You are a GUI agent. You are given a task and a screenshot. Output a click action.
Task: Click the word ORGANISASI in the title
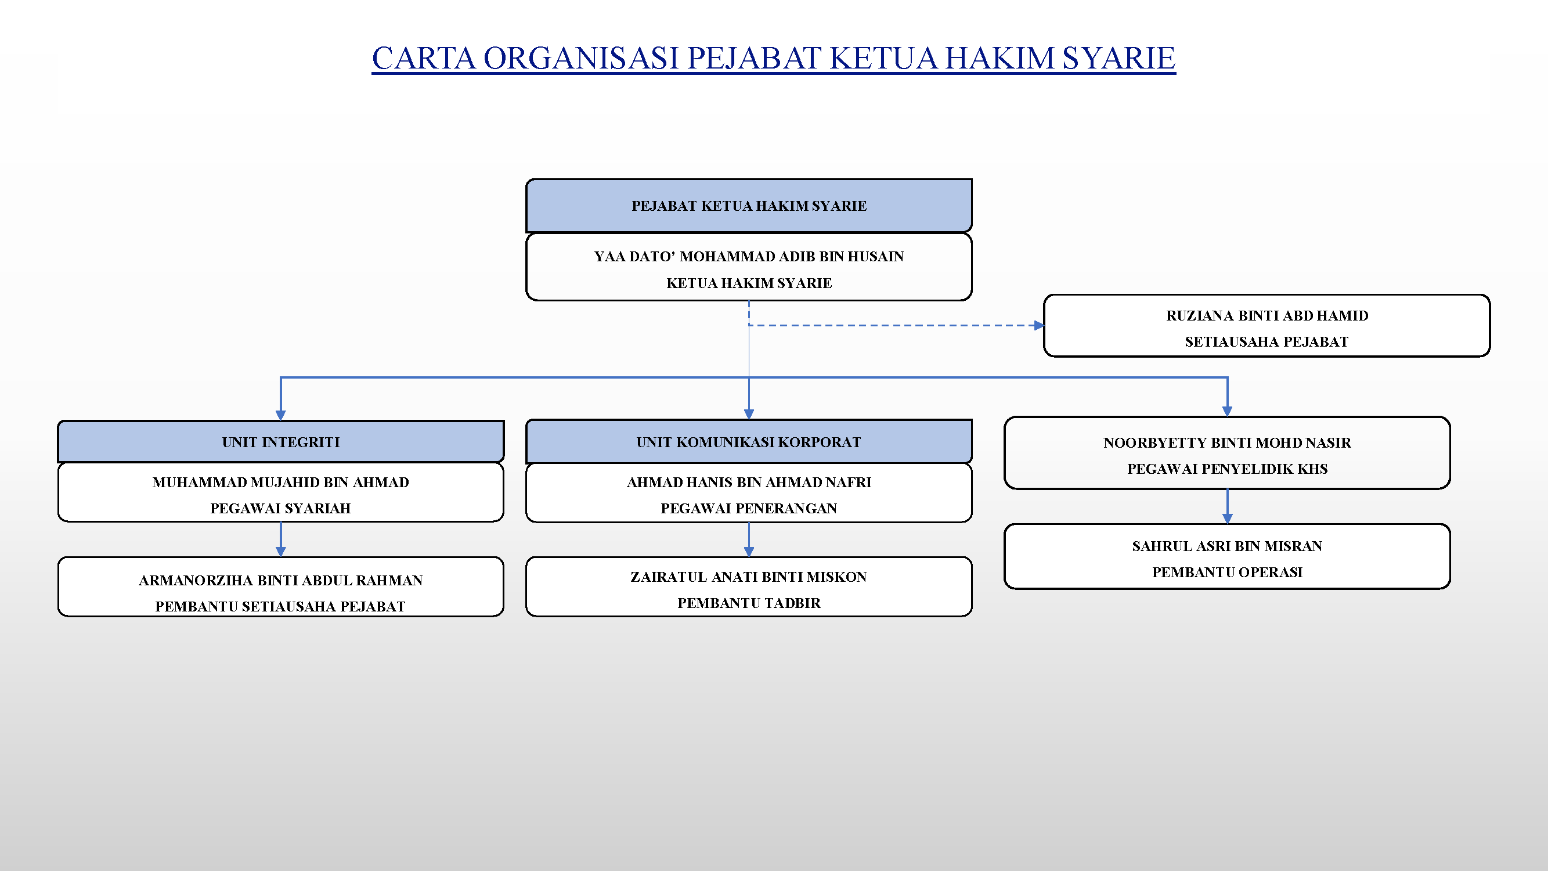581,58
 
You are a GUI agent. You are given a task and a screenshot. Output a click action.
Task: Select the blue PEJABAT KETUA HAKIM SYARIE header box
749,206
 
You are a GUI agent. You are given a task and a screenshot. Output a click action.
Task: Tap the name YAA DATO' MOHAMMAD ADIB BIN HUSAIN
749,257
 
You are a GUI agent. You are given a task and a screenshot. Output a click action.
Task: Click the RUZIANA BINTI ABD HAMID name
1266,315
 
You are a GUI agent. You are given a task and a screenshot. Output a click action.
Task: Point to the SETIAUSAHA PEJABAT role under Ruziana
1266,342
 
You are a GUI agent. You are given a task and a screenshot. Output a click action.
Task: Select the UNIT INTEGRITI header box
280,442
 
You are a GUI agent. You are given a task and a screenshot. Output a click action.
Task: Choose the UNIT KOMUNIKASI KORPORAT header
749,442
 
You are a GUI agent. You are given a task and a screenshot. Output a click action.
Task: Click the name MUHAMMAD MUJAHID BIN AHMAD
280,482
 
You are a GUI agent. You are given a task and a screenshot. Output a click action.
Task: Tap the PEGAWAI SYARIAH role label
280,509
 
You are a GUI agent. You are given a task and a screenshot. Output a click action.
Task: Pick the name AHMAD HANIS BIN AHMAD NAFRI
749,482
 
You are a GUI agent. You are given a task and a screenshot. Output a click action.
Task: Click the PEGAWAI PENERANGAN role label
749,509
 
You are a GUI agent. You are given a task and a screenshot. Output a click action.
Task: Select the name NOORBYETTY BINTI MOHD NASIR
1227,443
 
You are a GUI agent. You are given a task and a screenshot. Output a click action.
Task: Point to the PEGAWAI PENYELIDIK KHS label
1227,469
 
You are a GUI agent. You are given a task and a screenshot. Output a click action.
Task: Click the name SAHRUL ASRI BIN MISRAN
1227,546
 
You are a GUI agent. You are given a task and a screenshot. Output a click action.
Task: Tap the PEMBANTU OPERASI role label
1227,573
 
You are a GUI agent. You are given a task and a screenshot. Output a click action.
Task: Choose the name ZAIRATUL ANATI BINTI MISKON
749,577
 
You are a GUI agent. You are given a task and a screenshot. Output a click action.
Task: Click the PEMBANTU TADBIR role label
749,603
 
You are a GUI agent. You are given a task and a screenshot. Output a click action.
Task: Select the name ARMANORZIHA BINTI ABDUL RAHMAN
280,581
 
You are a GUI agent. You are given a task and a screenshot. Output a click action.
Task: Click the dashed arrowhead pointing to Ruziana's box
1039,325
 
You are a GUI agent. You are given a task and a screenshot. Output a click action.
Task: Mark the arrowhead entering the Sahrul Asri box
1227,519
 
